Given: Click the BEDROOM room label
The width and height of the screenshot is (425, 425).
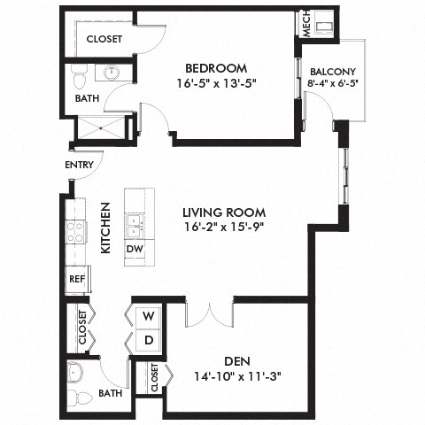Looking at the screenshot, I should [x=215, y=68].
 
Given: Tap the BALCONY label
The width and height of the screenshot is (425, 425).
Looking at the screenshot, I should [x=333, y=73].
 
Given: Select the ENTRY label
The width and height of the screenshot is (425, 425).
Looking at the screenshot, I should [x=78, y=165].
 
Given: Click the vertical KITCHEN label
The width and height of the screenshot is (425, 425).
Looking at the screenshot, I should [x=104, y=228].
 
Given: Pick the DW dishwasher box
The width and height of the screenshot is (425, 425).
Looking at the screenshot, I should [x=135, y=251].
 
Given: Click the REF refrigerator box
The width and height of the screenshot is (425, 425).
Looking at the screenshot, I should [x=76, y=278].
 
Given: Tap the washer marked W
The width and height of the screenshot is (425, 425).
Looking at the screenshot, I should [x=148, y=315].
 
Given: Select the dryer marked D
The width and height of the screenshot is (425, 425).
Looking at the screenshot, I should [x=148, y=340].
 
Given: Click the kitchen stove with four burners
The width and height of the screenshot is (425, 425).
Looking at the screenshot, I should [x=76, y=232].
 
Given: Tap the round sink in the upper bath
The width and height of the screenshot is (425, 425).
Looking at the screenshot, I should [x=112, y=73].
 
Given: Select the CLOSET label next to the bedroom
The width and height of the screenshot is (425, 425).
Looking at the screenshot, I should [x=104, y=39].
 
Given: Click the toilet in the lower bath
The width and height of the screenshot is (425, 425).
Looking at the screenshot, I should [x=77, y=373].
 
